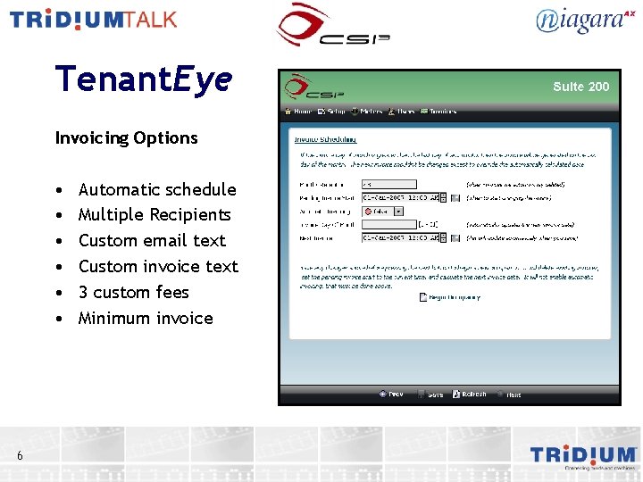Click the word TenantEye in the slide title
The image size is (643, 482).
click(143, 79)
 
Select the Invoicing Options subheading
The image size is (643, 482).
click(126, 137)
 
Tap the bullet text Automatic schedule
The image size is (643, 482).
click(157, 189)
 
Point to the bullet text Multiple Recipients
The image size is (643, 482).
click(154, 214)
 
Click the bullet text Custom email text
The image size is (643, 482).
click(152, 240)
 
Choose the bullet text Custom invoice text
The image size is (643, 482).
click(158, 266)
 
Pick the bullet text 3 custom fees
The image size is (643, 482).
click(134, 292)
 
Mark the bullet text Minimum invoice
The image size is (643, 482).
click(146, 318)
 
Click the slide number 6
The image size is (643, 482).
click(20, 456)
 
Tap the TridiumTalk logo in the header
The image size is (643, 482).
click(94, 20)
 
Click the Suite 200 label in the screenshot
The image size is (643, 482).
click(580, 87)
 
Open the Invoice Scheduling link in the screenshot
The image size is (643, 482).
click(325, 139)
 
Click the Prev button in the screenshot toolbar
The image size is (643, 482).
click(390, 394)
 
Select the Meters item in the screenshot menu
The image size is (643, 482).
click(367, 112)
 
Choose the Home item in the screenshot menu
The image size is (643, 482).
click(298, 112)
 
